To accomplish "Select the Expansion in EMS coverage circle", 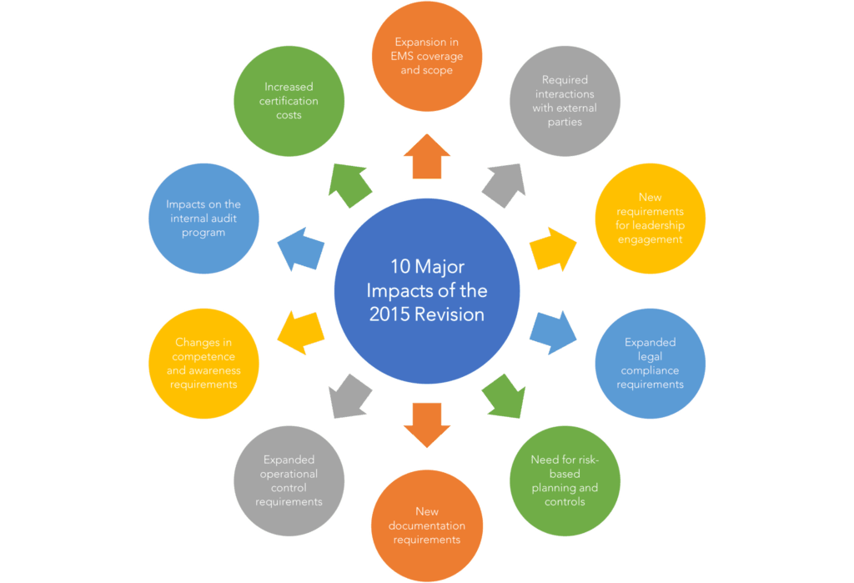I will [426, 56].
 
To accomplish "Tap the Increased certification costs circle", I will [289, 101].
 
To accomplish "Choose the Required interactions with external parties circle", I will [565, 101].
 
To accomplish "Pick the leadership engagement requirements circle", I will [650, 218].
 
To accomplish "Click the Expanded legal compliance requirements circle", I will [650, 364].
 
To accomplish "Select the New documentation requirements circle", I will [426, 525].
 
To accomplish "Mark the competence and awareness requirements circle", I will [203, 364].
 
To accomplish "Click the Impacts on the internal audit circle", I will [203, 218].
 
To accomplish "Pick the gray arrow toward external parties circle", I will [503, 184].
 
